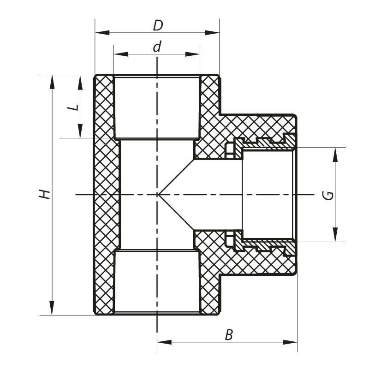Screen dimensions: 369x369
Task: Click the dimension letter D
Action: tap(158, 25)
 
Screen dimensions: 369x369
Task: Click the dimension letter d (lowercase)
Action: tap(157, 47)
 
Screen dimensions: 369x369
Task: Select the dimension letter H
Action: tap(44, 194)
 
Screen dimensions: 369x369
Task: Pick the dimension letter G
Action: tap(327, 195)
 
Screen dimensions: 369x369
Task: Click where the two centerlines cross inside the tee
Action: tap(158, 195)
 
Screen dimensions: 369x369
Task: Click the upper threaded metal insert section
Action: tap(263, 143)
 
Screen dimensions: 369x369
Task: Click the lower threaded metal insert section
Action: tap(263, 246)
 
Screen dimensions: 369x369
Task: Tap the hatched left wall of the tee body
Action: tap(104, 195)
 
